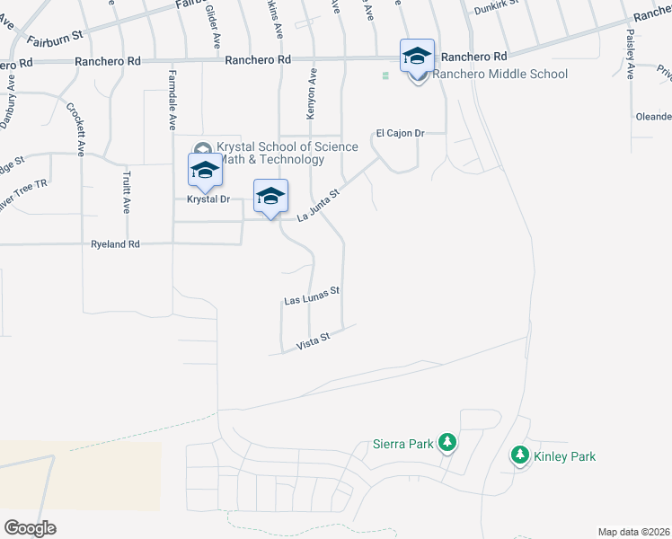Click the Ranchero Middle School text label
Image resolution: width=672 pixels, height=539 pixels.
[x=500, y=74]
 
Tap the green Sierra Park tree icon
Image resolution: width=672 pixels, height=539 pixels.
[x=447, y=443]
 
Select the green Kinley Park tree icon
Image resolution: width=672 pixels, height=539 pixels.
[x=519, y=456]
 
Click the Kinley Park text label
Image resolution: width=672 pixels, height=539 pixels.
[x=564, y=456]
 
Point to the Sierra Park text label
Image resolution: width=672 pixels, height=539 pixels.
[x=403, y=444]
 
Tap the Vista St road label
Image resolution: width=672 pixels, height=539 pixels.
[x=314, y=340]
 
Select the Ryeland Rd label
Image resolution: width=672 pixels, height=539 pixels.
[x=116, y=243]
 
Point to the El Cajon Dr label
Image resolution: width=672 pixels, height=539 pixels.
[x=399, y=133]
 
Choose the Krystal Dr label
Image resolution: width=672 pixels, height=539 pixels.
[x=208, y=199]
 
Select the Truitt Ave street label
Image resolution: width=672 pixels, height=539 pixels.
[x=125, y=191]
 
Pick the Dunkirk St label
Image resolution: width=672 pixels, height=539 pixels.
[x=497, y=11]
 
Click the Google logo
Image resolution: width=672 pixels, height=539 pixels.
[x=30, y=527]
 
